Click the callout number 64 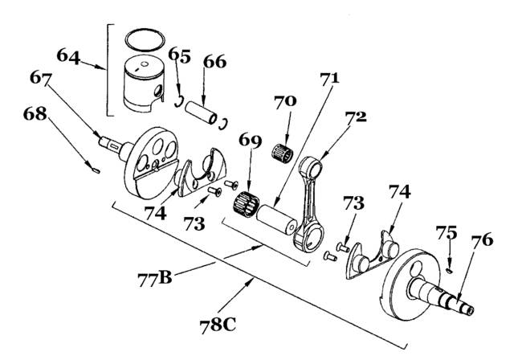pos(68,56)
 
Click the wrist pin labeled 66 pos(201,112)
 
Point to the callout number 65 pos(179,55)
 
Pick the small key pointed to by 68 pos(96,170)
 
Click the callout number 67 pos(41,78)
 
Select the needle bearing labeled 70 pos(283,153)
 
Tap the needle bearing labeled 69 pos(246,204)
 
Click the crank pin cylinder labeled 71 pos(276,220)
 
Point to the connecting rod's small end pos(311,168)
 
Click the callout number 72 pos(356,117)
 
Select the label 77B pos(155,278)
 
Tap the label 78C pos(218,325)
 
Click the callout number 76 pos(482,239)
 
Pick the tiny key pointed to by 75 pos(450,271)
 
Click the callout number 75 pos(447,232)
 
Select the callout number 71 pos(329,78)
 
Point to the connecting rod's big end pos(308,237)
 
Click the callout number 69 pos(250,141)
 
